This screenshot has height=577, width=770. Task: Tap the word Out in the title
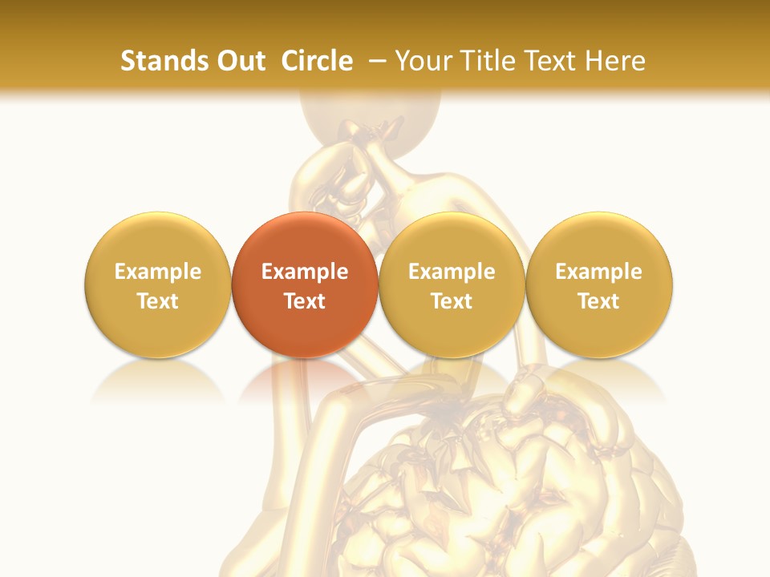pyautogui.click(x=238, y=61)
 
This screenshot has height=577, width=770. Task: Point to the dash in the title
pyautogui.click(x=378, y=61)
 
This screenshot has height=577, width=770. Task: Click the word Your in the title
pyautogui.click(x=421, y=61)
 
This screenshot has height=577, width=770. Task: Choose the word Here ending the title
pyautogui.click(x=615, y=61)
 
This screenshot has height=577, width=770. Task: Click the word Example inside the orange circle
pyautogui.click(x=305, y=272)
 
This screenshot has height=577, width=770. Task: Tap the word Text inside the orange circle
pyautogui.click(x=305, y=301)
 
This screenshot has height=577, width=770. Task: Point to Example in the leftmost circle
pyautogui.click(x=157, y=272)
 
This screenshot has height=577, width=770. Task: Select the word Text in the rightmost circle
pyautogui.click(x=599, y=301)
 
